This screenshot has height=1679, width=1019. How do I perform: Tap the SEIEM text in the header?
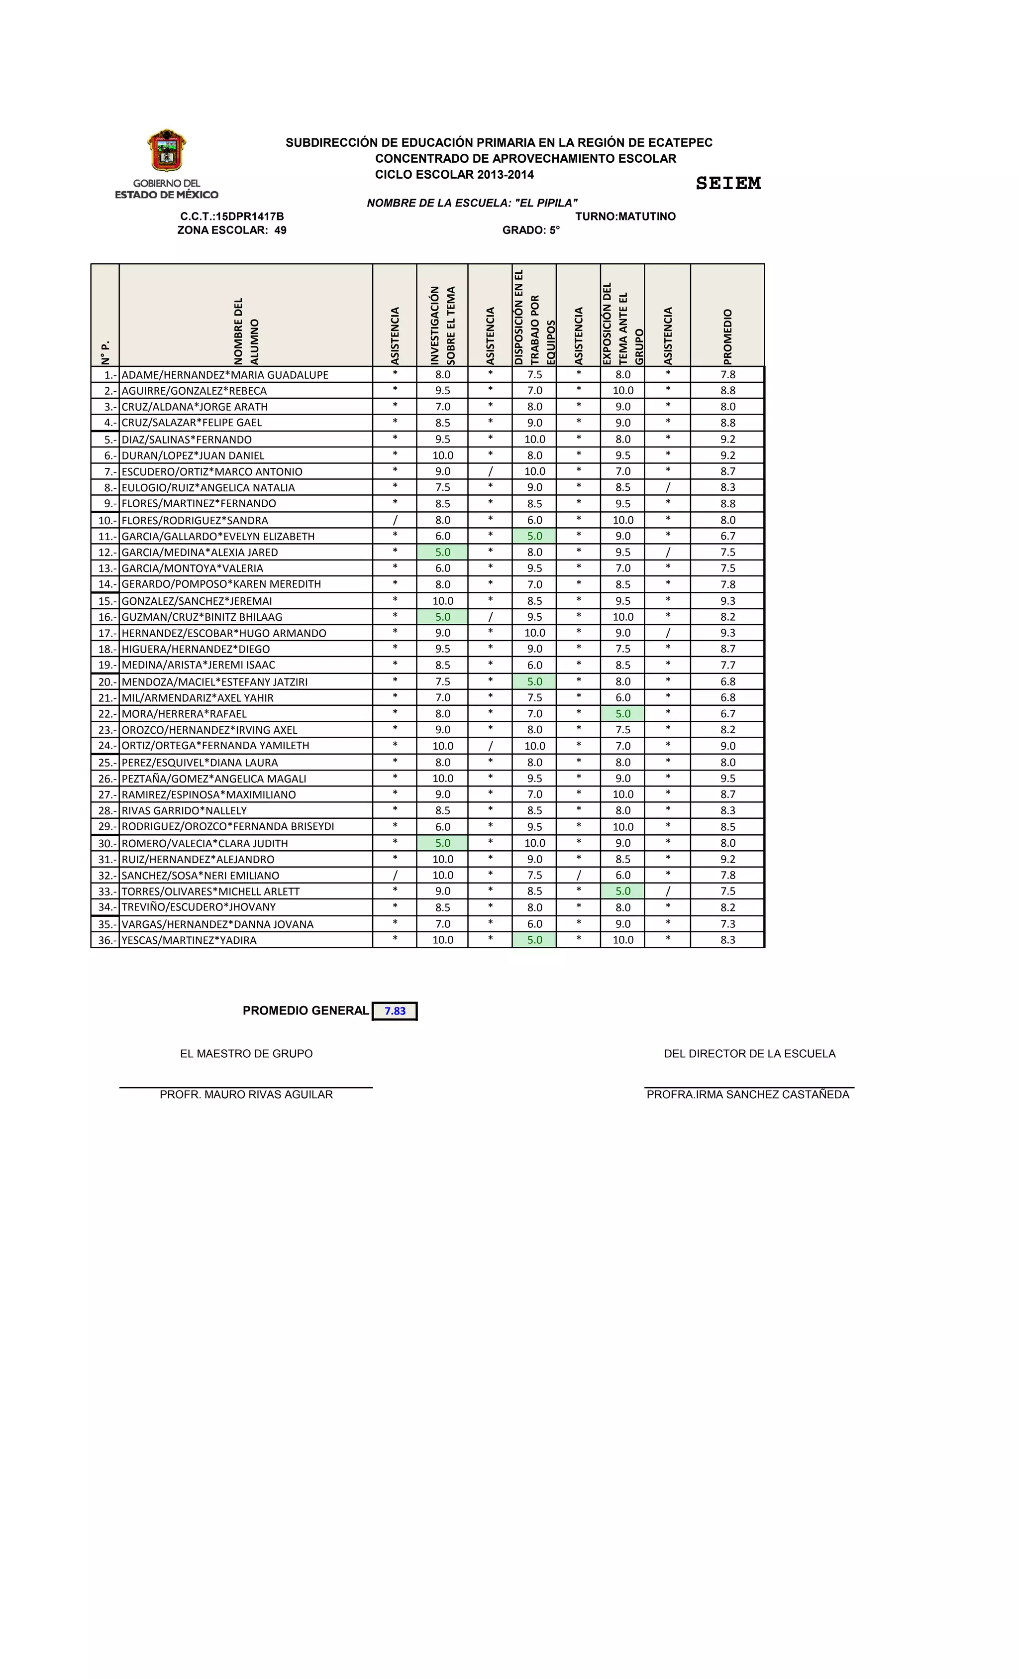tap(727, 183)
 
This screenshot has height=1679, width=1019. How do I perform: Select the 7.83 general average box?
tap(395, 1010)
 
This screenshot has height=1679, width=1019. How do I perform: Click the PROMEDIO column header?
tap(727, 336)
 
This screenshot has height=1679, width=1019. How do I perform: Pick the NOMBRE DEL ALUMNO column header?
tap(246, 331)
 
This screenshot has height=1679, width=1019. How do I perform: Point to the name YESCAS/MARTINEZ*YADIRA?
tap(189, 940)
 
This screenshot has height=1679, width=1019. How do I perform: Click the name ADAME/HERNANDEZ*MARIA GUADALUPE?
tap(225, 375)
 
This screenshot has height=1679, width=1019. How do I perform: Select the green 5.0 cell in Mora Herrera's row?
tap(622, 713)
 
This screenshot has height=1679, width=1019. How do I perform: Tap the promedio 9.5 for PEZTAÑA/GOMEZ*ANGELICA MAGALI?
tap(727, 778)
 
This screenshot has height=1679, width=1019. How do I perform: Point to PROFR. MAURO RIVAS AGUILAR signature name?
tap(246, 1094)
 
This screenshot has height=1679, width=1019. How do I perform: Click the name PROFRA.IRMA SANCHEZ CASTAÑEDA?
tap(748, 1094)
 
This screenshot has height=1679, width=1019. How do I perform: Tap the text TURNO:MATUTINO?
tap(625, 217)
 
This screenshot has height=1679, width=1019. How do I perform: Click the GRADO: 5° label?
tap(530, 230)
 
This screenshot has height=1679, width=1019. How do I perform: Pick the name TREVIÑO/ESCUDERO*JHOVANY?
tap(198, 907)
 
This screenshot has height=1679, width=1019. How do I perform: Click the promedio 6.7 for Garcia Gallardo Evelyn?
tap(727, 536)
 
